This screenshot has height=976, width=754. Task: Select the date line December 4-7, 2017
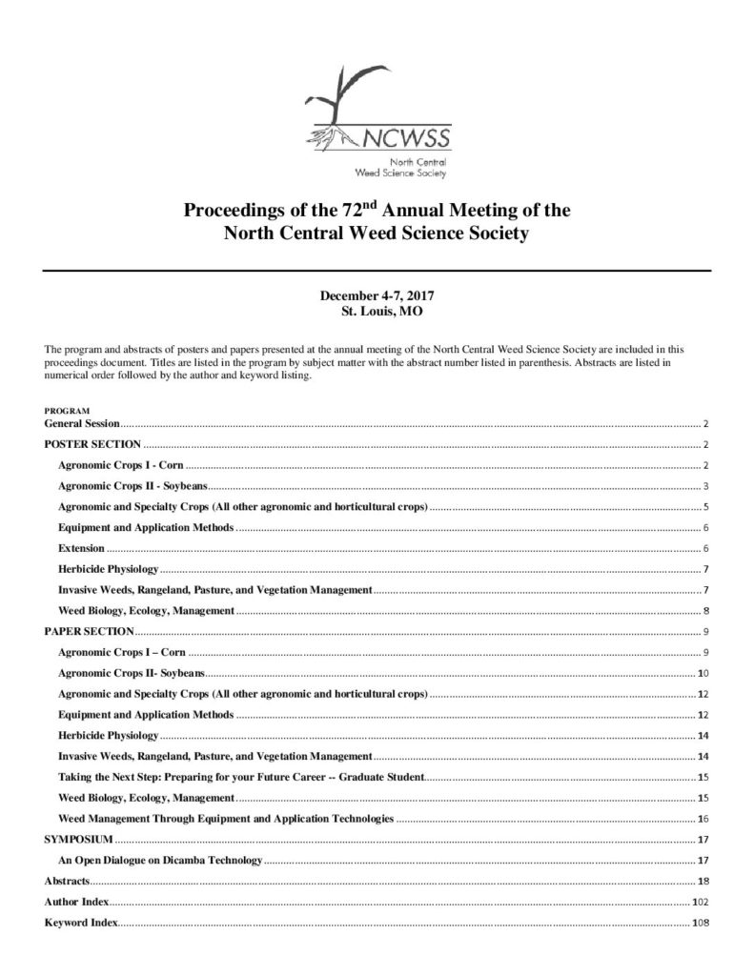[x=376, y=297]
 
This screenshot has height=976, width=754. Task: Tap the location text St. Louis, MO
[x=377, y=311]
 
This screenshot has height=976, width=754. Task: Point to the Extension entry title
[x=81, y=548]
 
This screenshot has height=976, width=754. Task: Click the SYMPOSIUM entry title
[x=79, y=840]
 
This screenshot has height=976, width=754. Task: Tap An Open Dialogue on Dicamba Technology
[x=159, y=861]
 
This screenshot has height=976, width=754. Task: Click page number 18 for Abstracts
[x=703, y=882]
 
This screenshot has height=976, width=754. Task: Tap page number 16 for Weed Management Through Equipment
[x=703, y=819]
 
